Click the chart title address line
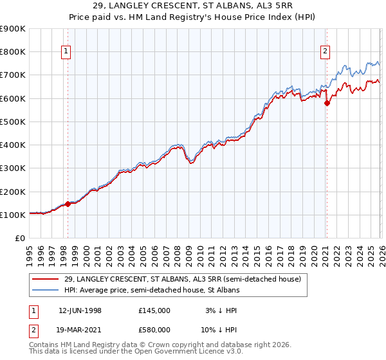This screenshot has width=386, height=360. (192, 6)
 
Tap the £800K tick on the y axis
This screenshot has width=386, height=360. (14, 52)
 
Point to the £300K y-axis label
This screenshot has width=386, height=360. (14, 168)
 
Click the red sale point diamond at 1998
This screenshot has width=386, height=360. (68, 204)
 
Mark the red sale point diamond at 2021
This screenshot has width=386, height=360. (326, 103)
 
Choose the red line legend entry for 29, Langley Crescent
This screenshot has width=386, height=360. (182, 279)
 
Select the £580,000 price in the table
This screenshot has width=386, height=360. (154, 330)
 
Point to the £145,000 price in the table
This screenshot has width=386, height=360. (154, 310)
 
